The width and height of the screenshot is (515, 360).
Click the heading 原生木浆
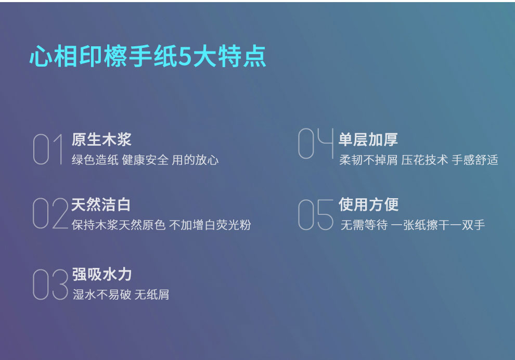click(x=102, y=139)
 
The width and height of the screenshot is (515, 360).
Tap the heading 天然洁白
click(x=101, y=204)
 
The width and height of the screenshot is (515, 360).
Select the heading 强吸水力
click(x=102, y=274)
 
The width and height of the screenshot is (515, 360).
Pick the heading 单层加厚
click(x=368, y=139)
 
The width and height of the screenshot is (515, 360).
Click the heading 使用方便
click(x=369, y=204)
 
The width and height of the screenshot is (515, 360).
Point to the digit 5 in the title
click(x=185, y=57)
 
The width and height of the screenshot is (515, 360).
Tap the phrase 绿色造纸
click(x=95, y=160)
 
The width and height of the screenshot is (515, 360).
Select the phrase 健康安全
click(x=145, y=160)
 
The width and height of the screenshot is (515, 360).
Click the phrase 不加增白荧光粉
click(x=210, y=225)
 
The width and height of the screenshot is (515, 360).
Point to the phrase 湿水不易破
click(x=102, y=294)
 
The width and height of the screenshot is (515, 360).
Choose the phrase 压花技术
click(x=424, y=160)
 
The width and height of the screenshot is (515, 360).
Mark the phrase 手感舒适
click(x=475, y=160)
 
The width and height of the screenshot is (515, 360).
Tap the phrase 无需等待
click(x=364, y=225)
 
